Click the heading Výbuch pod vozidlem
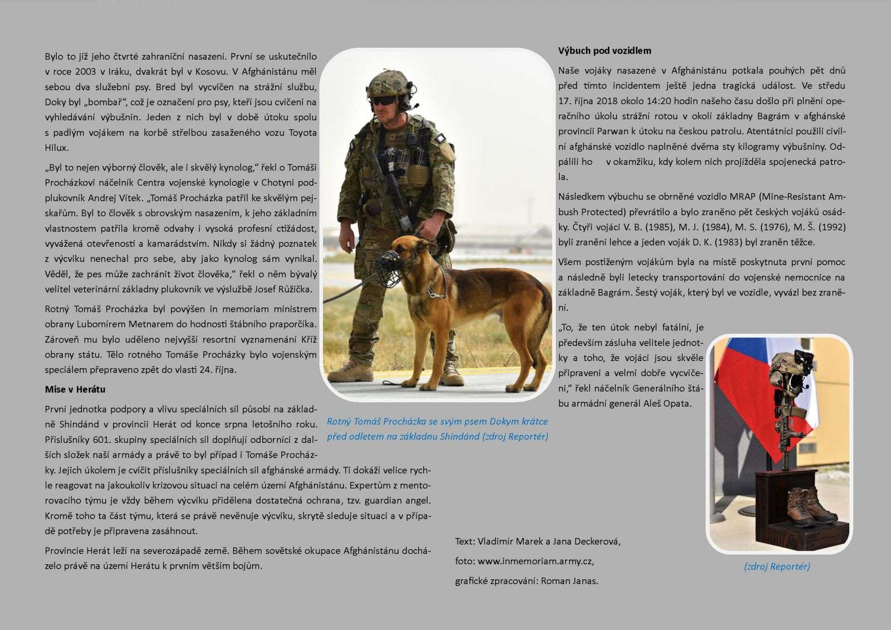click(x=604, y=51)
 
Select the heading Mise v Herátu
click(x=75, y=389)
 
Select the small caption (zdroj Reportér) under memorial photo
click(x=777, y=566)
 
